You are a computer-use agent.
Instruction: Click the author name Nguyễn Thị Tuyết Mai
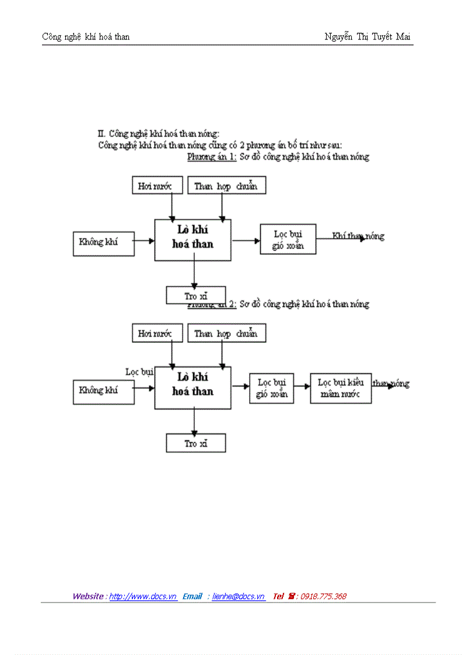pos(367,37)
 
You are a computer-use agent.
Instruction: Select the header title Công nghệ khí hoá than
pos(86,37)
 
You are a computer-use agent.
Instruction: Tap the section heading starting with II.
pos(158,134)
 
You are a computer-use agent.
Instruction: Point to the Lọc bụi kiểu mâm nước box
pos(341,388)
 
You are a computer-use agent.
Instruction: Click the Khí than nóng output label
pos(358,236)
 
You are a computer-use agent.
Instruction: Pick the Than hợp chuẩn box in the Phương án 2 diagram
pos(226,334)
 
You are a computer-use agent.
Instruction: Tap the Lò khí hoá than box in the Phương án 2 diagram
pos(192,387)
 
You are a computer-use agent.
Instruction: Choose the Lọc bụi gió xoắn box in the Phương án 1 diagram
pos(288,239)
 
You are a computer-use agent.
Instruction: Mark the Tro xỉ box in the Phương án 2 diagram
pos(195,443)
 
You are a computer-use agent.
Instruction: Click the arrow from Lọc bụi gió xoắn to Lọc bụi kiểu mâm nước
pos(302,386)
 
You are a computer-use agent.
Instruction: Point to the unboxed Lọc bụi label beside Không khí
pos(139,372)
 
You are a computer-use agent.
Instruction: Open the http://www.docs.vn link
pos(143,596)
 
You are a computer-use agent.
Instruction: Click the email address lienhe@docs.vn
pos(238,596)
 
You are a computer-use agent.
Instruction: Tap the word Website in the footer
pos(89,596)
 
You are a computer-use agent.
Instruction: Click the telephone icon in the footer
pos(291,596)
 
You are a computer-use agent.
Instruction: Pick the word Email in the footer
pos(192,596)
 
